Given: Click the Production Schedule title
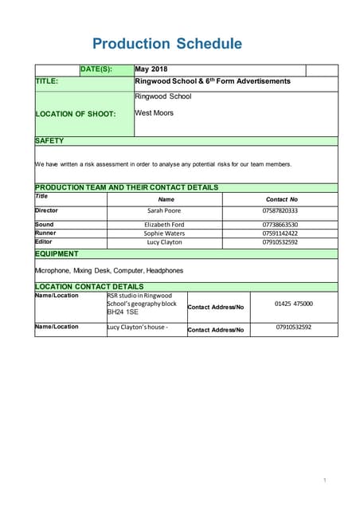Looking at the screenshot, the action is [x=166, y=44].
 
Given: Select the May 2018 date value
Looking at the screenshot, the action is [x=151, y=69].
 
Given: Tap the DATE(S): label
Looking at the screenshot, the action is [x=96, y=69].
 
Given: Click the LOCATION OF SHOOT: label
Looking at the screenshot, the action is [x=76, y=114].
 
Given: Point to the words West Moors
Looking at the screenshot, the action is [x=154, y=113].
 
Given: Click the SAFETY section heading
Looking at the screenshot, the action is [x=49, y=140].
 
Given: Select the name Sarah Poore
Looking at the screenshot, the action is [x=164, y=210].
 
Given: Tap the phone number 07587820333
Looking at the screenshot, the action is [x=280, y=210].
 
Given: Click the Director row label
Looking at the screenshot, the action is [x=47, y=210].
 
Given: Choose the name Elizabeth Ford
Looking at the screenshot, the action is [x=164, y=225].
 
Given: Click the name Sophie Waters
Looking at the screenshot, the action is [x=164, y=233].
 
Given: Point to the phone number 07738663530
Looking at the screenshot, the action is [x=280, y=225].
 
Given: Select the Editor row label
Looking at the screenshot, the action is [x=44, y=241].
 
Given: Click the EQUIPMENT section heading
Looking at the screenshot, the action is [x=57, y=253].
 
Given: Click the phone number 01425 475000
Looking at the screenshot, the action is [x=294, y=304].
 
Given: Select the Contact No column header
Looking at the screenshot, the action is [x=281, y=199].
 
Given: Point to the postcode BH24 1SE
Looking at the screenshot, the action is [x=123, y=312].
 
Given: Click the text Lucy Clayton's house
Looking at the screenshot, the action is [x=136, y=327].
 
